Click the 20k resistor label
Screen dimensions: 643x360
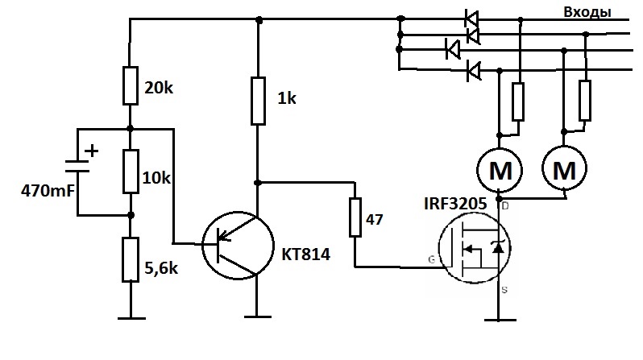(159, 87)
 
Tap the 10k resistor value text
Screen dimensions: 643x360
(156, 178)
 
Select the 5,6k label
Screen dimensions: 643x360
(161, 268)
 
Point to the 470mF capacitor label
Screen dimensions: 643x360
(48, 191)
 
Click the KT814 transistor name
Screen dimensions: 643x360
(305, 254)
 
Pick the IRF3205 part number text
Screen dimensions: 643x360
(455, 204)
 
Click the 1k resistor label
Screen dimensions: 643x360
(287, 98)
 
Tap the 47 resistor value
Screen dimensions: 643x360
(374, 220)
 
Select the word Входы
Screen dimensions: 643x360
(587, 12)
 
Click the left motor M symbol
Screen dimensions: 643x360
(500, 170)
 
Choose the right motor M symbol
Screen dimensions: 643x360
(564, 168)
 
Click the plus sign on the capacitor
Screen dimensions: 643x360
(92, 151)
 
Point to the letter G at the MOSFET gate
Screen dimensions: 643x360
(431, 259)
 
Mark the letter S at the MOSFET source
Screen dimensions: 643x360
(504, 290)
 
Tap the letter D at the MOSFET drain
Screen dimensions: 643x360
(505, 206)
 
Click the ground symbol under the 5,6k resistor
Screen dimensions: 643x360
(131, 318)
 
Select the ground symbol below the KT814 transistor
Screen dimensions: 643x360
(258, 317)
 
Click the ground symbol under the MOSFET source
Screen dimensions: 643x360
(500, 320)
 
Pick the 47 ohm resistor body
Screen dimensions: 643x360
(355, 217)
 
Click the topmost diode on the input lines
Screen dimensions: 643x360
(471, 19)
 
